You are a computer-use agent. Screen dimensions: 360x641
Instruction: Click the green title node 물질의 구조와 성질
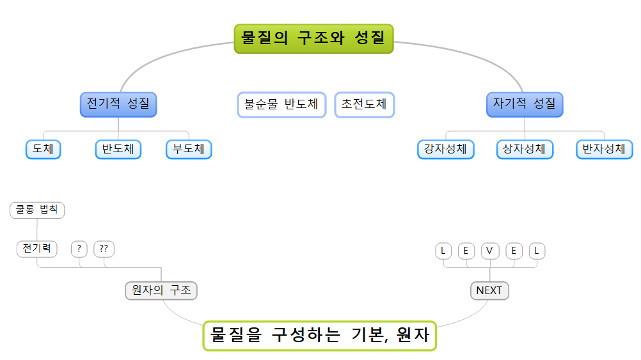tap(313, 38)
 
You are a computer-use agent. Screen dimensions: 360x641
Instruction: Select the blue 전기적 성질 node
tap(118, 104)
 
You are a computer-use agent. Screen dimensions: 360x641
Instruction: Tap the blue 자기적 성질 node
tap(525, 104)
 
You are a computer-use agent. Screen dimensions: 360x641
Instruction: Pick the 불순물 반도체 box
tap(281, 105)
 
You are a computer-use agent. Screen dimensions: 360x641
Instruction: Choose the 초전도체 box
tap(364, 105)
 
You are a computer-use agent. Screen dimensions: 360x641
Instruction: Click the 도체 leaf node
tap(44, 150)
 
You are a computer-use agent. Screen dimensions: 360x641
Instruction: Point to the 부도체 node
tap(188, 150)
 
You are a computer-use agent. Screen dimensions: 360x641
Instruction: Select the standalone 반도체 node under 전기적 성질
tap(118, 150)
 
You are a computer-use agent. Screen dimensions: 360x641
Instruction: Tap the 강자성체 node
tap(446, 150)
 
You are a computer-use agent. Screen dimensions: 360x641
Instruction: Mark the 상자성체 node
tap(525, 150)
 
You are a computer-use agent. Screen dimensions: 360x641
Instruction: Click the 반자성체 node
tap(604, 150)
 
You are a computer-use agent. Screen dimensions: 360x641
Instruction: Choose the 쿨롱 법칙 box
tap(37, 210)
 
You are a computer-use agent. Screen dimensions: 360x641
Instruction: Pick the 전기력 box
tap(36, 249)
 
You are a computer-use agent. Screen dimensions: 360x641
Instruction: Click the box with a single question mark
tap(79, 249)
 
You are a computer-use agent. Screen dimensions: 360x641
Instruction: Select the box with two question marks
tap(104, 249)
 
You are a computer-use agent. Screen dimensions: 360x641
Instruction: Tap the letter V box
tap(489, 251)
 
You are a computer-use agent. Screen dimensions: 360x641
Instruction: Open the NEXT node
tap(489, 290)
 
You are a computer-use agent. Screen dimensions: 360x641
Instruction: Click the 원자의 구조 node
tap(161, 290)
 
